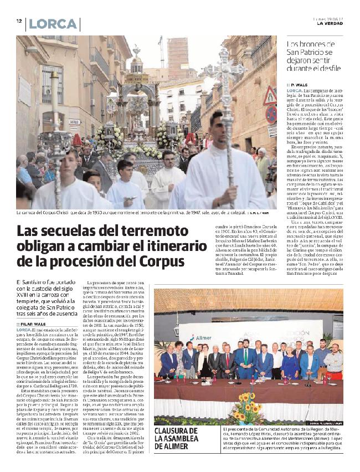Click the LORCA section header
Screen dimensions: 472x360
click(53, 24)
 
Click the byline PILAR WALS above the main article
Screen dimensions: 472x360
click(36, 324)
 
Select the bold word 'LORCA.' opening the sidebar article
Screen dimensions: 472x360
click(295, 90)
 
